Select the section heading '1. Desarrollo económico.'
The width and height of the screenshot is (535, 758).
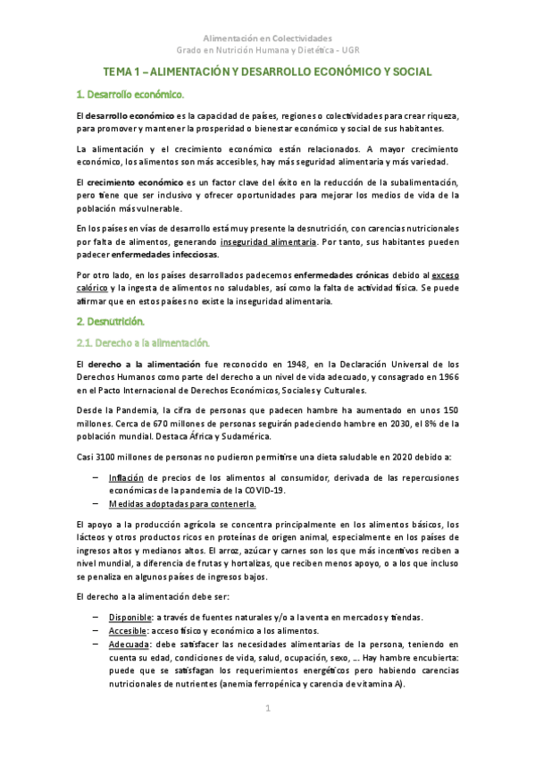tap(130, 94)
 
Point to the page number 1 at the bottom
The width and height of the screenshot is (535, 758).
tap(267, 709)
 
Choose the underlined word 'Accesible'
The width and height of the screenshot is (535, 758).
tap(127, 630)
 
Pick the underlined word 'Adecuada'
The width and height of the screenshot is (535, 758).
tap(129, 644)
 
